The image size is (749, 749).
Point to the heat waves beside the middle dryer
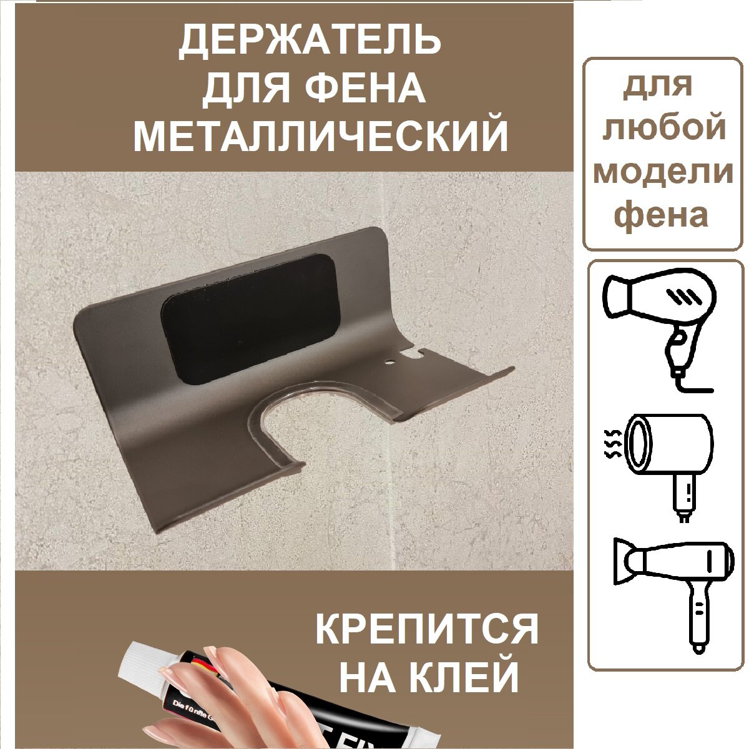coord(614,443)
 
